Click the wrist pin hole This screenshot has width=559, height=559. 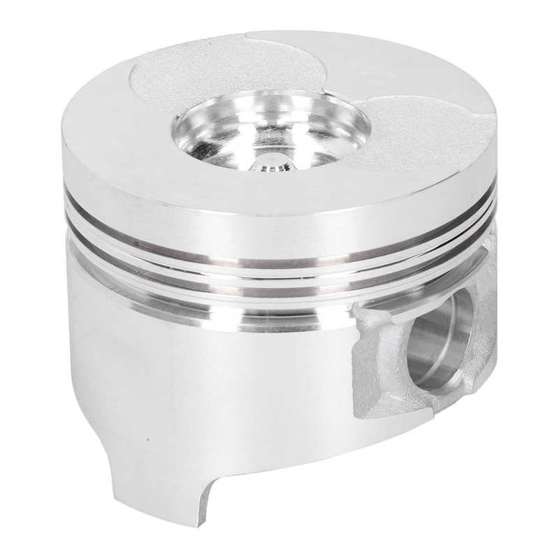point(437,335)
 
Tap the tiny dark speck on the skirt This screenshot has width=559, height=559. point(145,442)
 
